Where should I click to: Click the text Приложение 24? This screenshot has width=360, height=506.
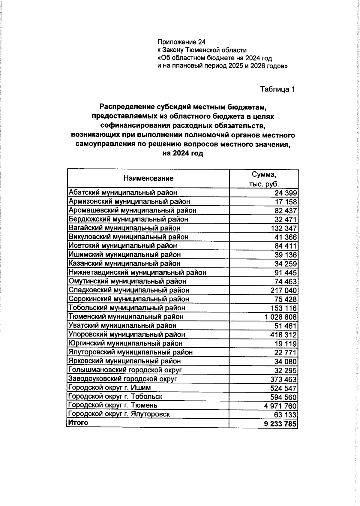pos(181,42)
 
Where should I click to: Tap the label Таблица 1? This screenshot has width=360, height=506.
pos(277,89)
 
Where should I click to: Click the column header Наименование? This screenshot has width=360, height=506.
pos(148,179)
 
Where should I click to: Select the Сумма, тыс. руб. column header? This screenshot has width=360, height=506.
pos(264,179)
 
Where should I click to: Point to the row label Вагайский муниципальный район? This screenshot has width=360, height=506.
pos(124,228)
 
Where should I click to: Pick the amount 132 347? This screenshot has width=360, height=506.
pos(283,228)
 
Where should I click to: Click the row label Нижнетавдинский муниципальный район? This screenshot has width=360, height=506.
pos(137,273)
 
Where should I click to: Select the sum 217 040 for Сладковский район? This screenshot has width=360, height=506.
pos(283,291)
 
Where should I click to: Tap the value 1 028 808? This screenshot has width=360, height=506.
pos(281,317)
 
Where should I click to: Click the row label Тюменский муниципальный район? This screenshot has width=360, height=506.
pos(126,317)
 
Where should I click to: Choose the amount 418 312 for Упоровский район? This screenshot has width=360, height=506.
pos(283,335)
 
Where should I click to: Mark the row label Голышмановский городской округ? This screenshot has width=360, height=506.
pos(125,370)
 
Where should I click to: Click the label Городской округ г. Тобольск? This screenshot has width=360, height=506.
pos(115,396)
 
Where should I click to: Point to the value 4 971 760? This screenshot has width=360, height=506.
pos(281,406)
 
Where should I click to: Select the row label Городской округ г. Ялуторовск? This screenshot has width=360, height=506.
pos(119,414)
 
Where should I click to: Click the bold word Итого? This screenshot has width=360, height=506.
pos(78,423)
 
